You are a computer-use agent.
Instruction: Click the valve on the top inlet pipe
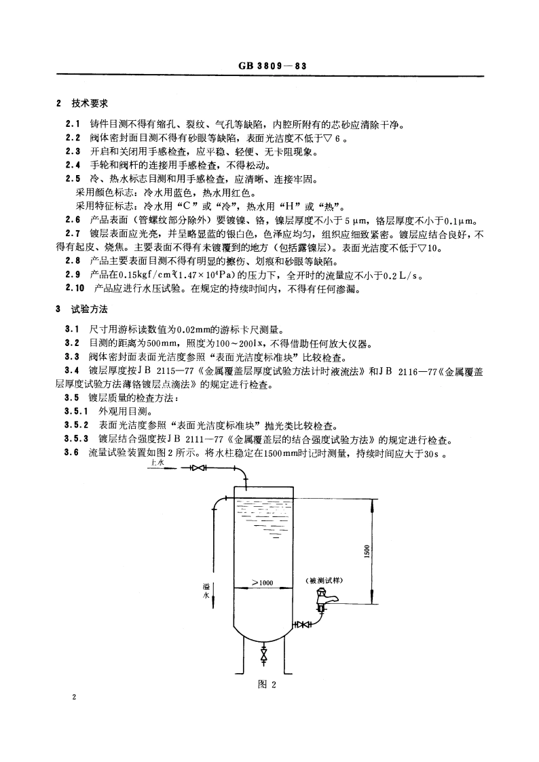pos(198,468)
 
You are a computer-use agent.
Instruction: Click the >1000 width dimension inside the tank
pos(261,582)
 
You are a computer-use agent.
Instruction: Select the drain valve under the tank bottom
pos(263,657)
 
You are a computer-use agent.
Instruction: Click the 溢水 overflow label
pos(207,590)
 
